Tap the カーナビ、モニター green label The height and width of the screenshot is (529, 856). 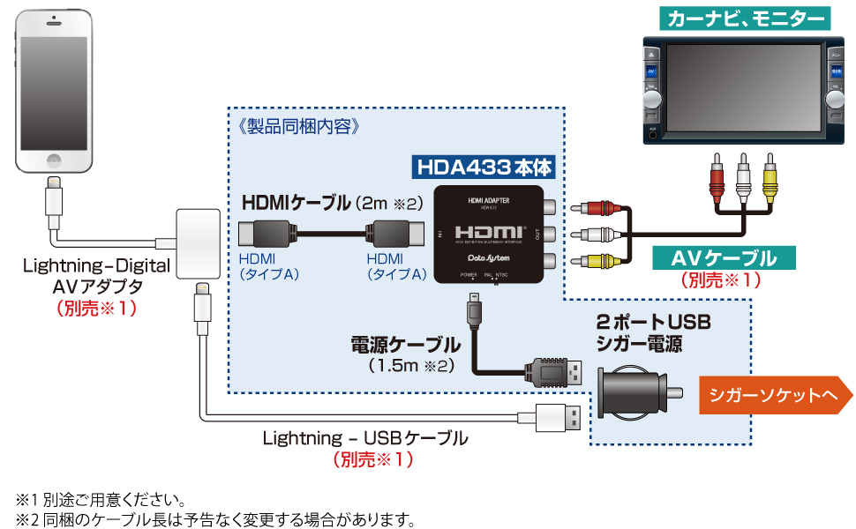point(746,16)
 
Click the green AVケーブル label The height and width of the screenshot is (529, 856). point(724,258)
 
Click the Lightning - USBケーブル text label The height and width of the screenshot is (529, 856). point(365,438)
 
